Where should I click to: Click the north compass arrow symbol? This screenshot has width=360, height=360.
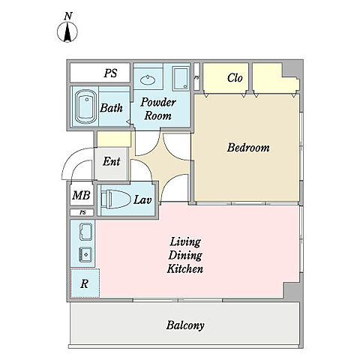click(67, 32)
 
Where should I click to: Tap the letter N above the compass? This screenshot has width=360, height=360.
click(68, 16)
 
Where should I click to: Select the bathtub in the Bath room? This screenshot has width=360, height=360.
click(86, 107)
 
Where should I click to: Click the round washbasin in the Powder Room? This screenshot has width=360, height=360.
click(148, 80)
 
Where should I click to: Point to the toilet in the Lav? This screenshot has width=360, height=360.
click(116, 199)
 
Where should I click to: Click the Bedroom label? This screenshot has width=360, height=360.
click(248, 148)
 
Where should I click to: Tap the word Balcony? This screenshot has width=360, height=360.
click(185, 325)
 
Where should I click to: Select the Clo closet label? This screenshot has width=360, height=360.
click(235, 78)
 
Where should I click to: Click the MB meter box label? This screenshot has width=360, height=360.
click(81, 195)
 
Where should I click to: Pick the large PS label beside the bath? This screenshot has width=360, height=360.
click(110, 73)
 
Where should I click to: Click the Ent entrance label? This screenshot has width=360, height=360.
click(112, 161)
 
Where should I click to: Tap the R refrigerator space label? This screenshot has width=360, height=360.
click(85, 284)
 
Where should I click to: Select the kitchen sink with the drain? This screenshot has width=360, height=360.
click(85, 255)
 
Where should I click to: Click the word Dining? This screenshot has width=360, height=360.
click(185, 256)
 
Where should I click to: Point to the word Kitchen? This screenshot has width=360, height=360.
click(185, 269)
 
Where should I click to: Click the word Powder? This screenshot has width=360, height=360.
click(158, 103)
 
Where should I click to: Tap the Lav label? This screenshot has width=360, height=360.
click(142, 199)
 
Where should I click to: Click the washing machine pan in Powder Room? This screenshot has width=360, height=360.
click(181, 78)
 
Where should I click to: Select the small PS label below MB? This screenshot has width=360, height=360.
click(82, 212)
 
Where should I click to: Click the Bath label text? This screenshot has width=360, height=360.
click(112, 108)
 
